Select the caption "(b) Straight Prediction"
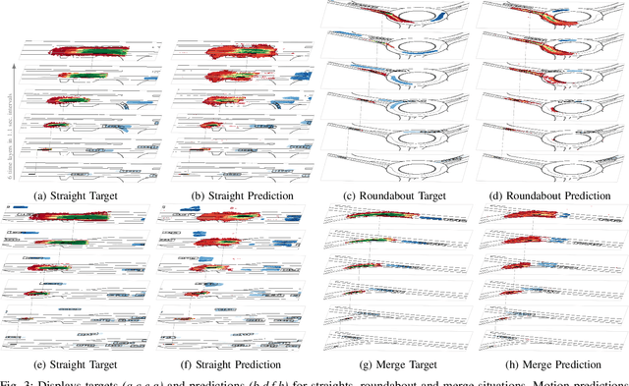(x=234, y=195)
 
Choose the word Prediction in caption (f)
(x=257, y=363)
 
